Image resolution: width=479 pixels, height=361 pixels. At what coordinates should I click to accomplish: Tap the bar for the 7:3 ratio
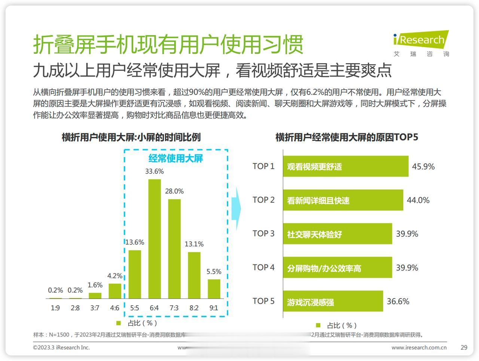click(174, 249)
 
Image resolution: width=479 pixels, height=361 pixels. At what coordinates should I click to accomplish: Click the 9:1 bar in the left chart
click(214, 289)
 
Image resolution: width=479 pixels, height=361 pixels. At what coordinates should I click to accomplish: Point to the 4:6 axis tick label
click(115, 308)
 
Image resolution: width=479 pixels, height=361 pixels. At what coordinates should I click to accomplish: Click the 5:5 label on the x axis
click(134, 308)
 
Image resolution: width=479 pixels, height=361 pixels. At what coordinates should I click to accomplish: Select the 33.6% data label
click(155, 172)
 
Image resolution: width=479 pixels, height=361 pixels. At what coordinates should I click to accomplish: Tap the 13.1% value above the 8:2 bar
click(194, 244)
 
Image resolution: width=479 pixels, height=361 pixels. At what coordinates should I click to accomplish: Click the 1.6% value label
click(95, 285)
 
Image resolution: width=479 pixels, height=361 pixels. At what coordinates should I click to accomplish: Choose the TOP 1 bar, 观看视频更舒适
click(345, 166)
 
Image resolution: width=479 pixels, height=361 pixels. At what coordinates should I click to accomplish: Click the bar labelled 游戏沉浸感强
click(333, 301)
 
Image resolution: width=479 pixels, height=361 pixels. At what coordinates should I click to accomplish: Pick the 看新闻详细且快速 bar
click(343, 200)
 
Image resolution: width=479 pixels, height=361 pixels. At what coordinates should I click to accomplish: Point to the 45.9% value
click(423, 167)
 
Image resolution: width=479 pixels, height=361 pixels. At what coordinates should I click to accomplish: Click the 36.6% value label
click(398, 302)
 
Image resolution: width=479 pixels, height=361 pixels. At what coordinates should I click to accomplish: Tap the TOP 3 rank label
click(263, 234)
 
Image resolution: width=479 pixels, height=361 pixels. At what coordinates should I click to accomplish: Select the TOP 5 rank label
click(263, 301)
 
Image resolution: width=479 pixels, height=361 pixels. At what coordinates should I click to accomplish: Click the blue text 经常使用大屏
click(176, 158)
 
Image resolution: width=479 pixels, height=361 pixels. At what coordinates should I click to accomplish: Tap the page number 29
click(464, 348)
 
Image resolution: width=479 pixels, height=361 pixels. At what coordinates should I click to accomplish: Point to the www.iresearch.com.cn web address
click(419, 348)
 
